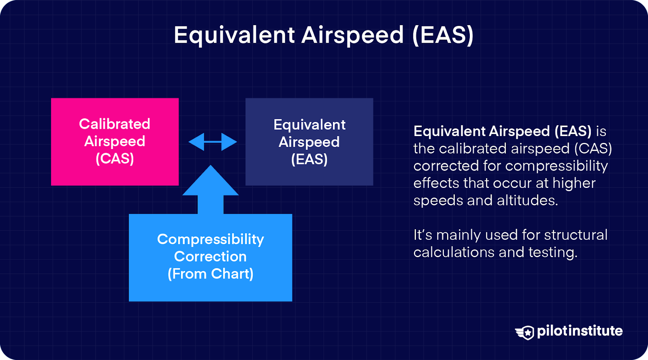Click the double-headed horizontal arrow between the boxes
tap(213, 142)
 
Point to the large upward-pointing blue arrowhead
tap(211, 182)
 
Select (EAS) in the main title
tap(443, 35)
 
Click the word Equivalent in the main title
tap(234, 35)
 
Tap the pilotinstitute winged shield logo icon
tap(525, 332)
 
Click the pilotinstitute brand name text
tap(580, 331)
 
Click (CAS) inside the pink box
tap(115, 158)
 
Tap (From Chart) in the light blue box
tap(210, 274)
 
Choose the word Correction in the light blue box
tap(210, 256)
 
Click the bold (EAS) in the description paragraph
tap(573, 131)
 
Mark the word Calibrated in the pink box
tap(115, 124)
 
